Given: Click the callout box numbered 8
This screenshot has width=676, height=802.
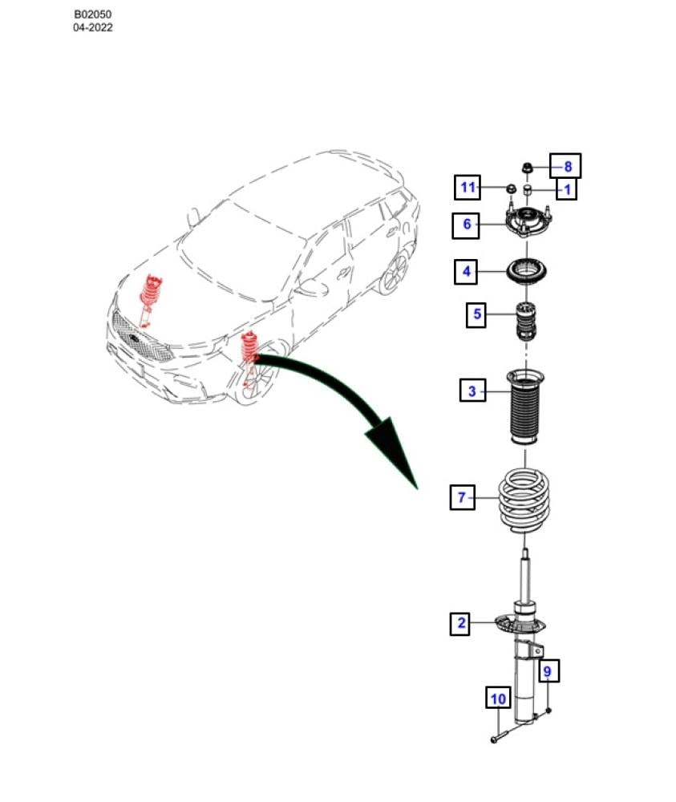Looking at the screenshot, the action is [x=565, y=166].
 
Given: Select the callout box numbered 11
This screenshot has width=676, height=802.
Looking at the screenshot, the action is [x=468, y=187].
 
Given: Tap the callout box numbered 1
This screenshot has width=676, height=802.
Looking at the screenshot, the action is [x=567, y=190].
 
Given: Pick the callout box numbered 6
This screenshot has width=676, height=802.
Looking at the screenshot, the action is [x=466, y=225].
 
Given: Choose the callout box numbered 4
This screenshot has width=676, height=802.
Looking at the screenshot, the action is [x=466, y=271].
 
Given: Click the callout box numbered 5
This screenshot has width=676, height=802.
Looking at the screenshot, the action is [x=476, y=314].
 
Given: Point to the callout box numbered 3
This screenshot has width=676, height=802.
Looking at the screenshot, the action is [x=472, y=391].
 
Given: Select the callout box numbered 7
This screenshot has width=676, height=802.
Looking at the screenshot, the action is [x=462, y=497].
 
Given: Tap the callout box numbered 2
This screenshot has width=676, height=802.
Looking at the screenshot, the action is [x=460, y=623].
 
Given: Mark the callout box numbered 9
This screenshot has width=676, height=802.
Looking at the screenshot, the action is [x=548, y=670].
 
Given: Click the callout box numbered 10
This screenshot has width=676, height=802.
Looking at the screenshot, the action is [x=498, y=698].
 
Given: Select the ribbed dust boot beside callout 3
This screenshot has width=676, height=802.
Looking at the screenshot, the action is [x=524, y=407].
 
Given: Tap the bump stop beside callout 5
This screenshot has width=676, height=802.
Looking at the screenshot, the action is [x=526, y=322].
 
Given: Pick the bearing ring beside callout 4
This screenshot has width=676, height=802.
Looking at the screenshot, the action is [x=527, y=270].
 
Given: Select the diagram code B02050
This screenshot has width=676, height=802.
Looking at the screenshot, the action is [x=92, y=14].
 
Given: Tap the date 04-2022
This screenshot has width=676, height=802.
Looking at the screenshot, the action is [x=92, y=27].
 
